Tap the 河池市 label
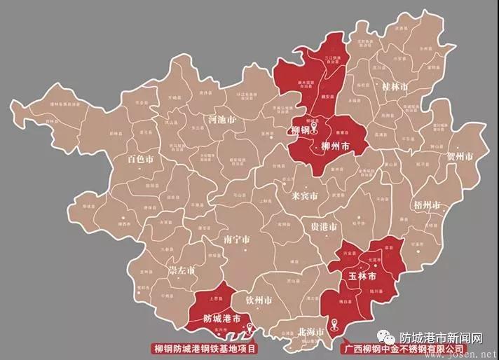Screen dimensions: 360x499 click(222, 120)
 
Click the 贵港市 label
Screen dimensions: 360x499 click(323, 228)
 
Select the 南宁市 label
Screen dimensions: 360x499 click(237, 239)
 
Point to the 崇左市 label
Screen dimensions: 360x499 click(182, 270)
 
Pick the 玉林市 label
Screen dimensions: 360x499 click(363, 276)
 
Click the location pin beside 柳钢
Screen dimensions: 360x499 click(315, 129)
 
